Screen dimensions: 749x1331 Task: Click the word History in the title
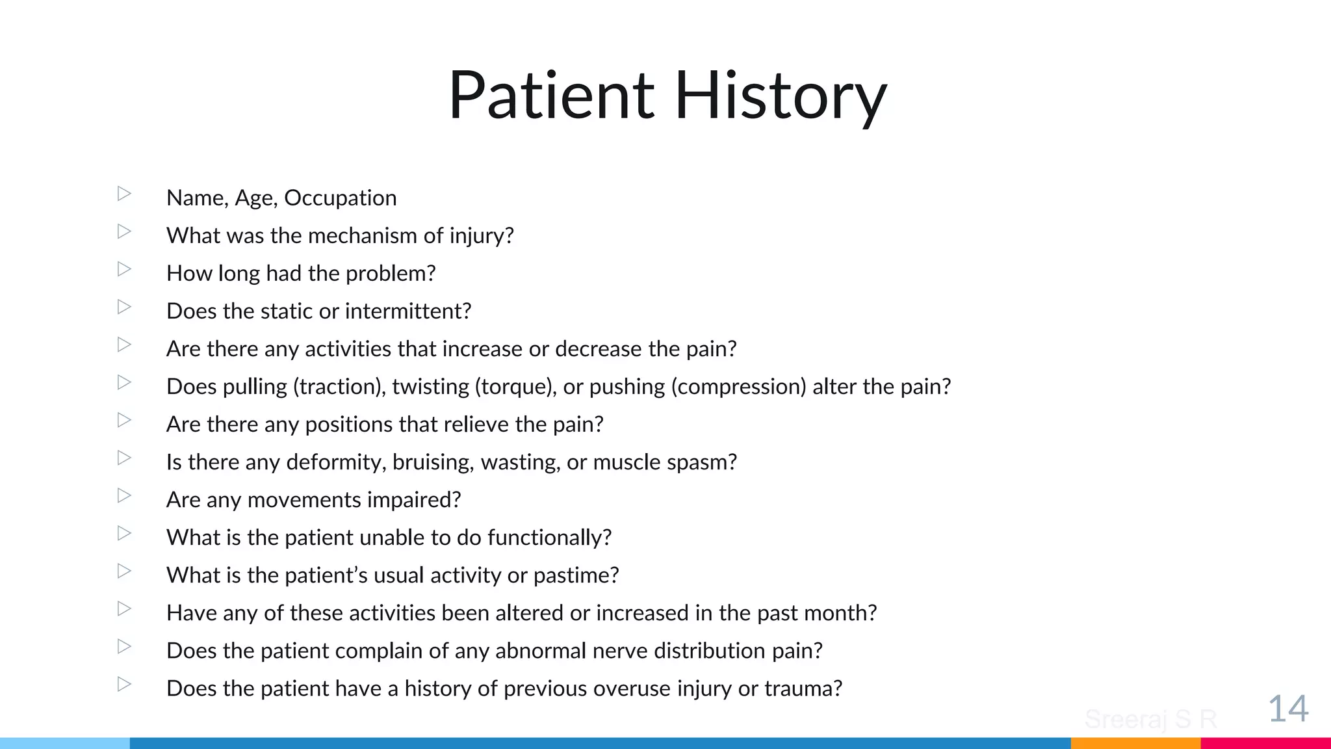(780, 96)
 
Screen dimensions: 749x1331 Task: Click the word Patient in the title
(551, 96)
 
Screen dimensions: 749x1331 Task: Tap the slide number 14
(1287, 708)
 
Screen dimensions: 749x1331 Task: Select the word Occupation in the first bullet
(340, 198)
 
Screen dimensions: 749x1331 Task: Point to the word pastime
(576, 575)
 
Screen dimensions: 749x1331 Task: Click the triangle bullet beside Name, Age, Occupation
(124, 194)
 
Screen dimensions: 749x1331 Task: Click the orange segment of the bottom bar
(1135, 742)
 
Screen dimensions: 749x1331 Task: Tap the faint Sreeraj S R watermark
(1150, 719)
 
